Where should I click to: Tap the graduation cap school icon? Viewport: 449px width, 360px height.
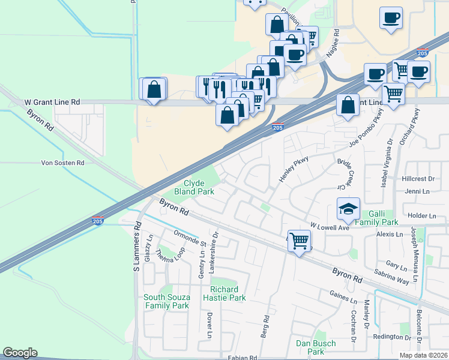tap(348, 209)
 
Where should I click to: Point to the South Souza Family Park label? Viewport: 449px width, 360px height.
tap(166, 301)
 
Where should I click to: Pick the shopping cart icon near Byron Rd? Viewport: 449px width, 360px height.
tap(300, 241)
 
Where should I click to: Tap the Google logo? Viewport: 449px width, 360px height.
tap(20, 353)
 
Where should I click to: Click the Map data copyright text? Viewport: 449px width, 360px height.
tap(423, 355)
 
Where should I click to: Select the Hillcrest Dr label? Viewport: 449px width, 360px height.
tap(418, 179)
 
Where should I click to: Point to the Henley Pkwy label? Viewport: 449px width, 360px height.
tap(289, 170)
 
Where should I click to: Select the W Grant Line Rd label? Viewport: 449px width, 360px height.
tap(52, 103)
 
